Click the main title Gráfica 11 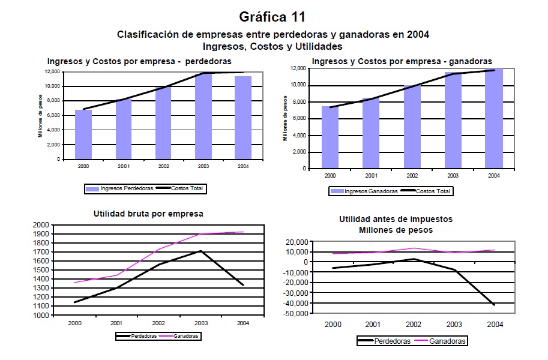(274, 16)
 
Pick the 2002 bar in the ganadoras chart (412, 127)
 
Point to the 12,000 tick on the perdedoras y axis (52, 71)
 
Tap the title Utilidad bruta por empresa (148, 213)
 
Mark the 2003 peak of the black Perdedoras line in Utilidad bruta (200, 251)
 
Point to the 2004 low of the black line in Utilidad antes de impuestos (494, 305)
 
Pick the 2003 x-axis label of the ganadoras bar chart (453, 176)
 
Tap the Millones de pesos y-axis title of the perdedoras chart (40, 116)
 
